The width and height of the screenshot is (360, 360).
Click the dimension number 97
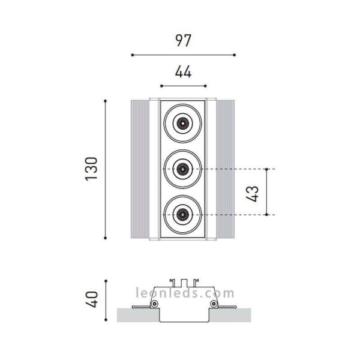tap(183, 41)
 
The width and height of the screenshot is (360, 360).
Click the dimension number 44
tap(183, 72)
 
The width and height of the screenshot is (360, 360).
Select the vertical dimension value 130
tap(91, 170)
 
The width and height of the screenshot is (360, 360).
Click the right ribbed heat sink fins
tap(226, 170)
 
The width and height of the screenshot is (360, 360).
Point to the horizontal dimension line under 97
tap(183, 55)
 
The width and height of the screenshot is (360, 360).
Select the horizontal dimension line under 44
tap(183, 86)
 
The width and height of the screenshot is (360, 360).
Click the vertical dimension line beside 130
tap(106, 170)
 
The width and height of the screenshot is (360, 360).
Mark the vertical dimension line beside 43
tap(266, 192)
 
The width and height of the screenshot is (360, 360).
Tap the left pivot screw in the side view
tap(155, 305)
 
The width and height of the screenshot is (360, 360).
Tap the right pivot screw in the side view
tap(212, 305)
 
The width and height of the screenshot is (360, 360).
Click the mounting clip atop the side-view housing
tap(183, 281)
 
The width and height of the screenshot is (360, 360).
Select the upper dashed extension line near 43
tap(240, 169)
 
